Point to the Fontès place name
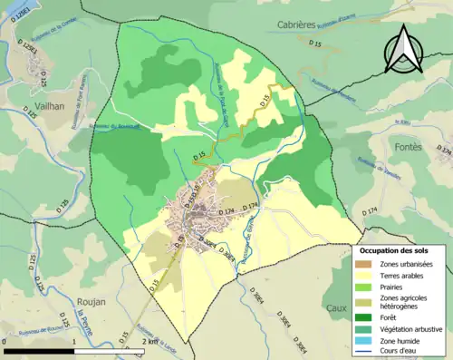pyautogui.click(x=410, y=144)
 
